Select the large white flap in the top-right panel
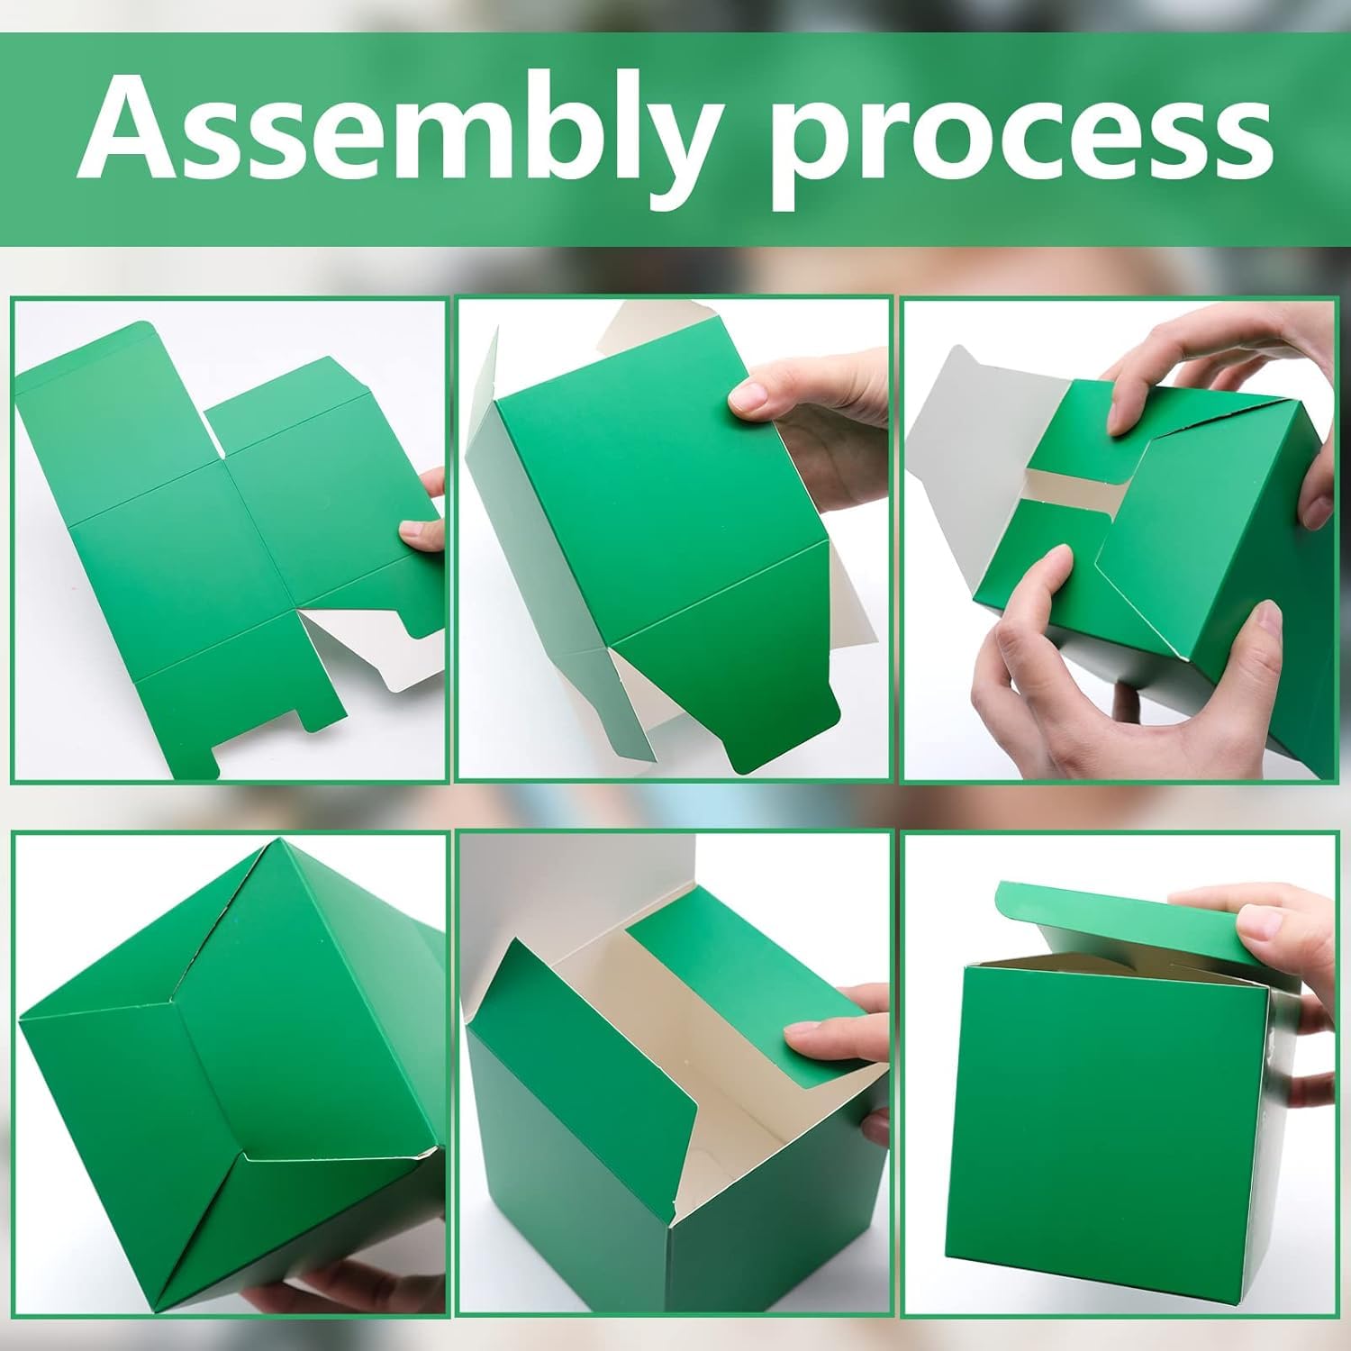point(982,423)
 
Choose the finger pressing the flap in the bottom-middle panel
point(824,1040)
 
